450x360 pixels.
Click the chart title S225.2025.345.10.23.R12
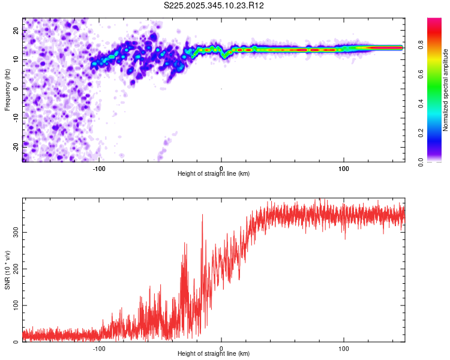pos(214,5)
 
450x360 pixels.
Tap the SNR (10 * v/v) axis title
pos(7,270)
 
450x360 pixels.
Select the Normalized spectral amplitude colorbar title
pos(446,90)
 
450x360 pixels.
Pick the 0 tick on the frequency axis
pos(18,88)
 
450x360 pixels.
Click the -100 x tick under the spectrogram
pos(99,167)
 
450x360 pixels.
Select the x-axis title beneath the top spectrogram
pos(214,173)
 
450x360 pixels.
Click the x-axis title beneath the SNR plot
pos(214,354)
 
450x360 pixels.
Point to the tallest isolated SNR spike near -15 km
pos(202,215)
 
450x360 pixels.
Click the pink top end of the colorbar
pos(434,22)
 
